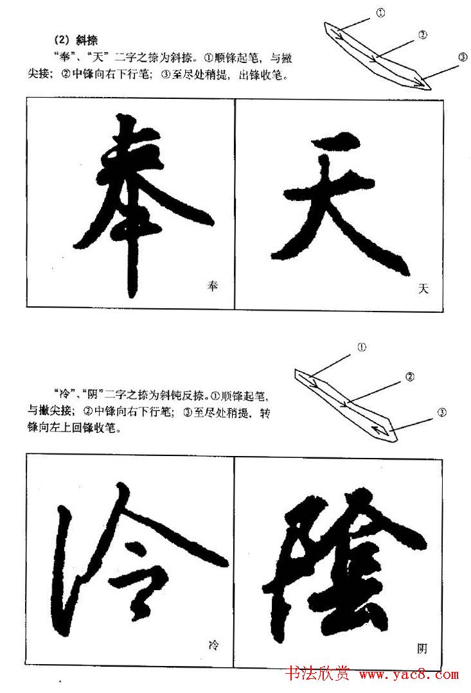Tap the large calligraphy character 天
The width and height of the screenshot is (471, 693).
coord(334,199)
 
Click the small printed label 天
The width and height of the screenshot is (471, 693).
coord(423,289)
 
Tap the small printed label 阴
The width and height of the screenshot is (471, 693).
coord(422,649)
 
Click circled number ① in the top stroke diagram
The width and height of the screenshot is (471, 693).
coord(380,12)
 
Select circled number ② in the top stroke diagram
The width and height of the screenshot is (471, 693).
coord(422,35)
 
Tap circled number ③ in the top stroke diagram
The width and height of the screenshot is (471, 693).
coord(463,57)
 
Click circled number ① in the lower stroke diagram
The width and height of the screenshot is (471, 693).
coord(362,347)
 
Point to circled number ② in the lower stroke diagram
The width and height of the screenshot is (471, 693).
coord(410,378)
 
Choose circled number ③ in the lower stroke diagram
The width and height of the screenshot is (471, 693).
coord(442,412)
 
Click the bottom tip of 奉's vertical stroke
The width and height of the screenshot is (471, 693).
coord(132,292)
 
